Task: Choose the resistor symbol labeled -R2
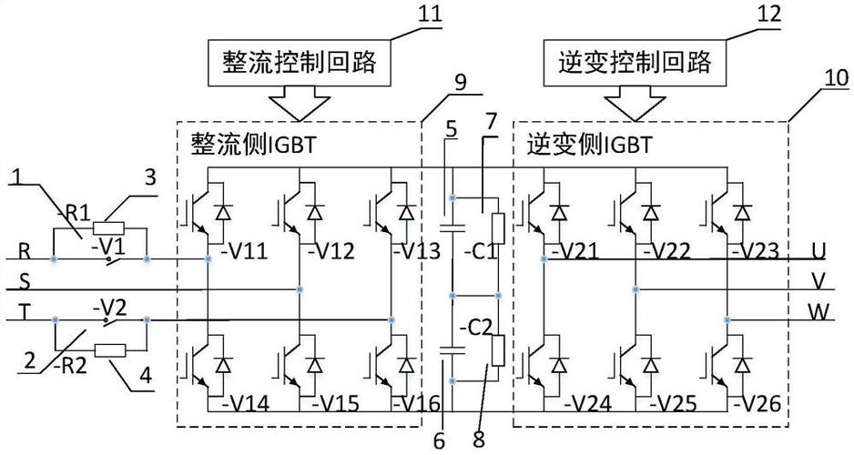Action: [109, 349]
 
